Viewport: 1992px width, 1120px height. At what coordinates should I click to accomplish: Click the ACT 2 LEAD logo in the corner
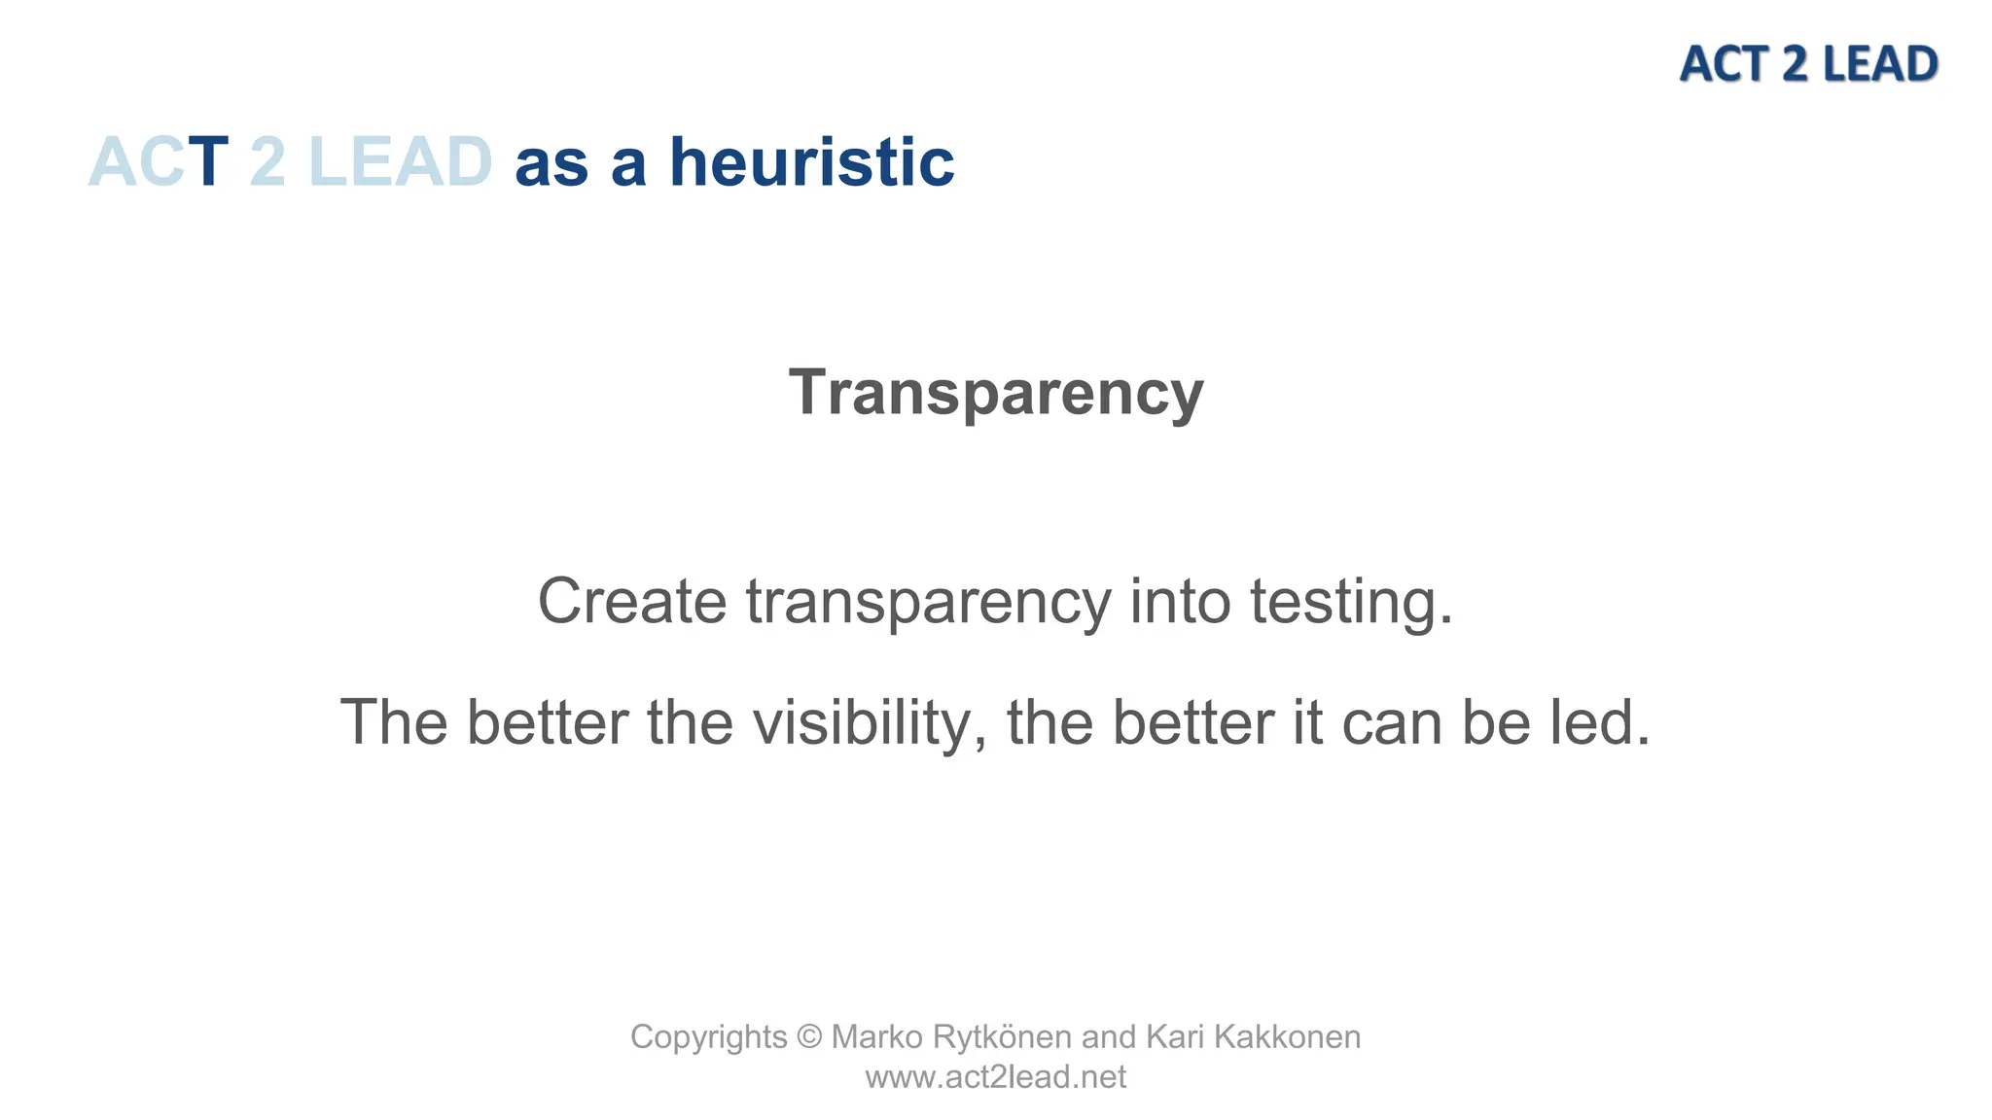coord(1808,64)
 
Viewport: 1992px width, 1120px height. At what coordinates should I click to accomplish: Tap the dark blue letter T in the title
coord(207,161)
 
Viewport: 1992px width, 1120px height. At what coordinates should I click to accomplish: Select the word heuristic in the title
coord(812,161)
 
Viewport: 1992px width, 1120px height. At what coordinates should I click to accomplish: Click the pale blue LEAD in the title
coord(400,161)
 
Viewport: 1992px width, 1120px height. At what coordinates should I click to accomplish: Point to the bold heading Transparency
coord(996,392)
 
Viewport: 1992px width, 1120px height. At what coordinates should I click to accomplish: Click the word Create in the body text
coord(632,601)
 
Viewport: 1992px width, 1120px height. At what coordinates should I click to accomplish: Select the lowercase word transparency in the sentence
coord(928,603)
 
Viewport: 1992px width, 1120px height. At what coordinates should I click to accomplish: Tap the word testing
coord(1351,603)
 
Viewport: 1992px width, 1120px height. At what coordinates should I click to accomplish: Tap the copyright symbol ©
coord(809,1037)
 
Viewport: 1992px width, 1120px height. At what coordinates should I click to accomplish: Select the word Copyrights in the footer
coord(708,1037)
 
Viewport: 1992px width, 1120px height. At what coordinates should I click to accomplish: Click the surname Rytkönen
coord(1002,1037)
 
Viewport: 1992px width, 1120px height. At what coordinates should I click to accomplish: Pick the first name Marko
coord(876,1037)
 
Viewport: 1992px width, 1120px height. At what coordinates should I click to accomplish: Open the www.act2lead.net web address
coord(996,1077)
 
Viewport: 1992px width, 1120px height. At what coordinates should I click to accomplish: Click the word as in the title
coord(551,163)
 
